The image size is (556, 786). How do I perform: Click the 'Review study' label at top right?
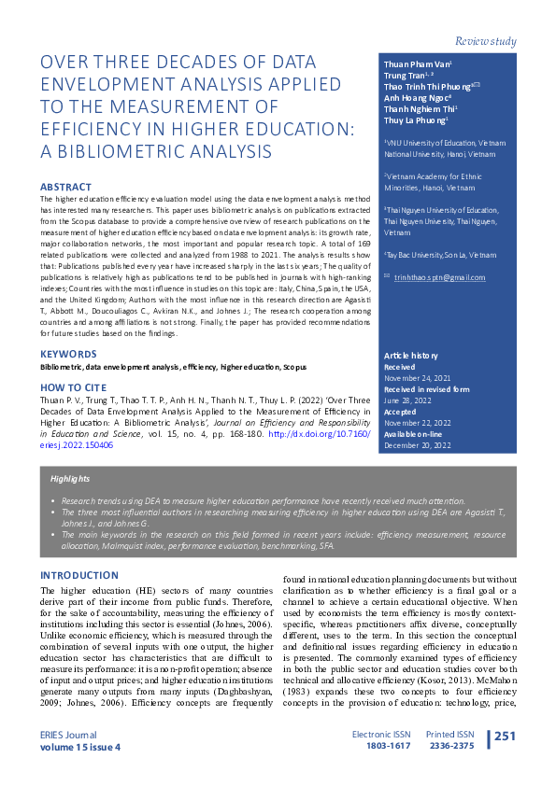tap(485, 42)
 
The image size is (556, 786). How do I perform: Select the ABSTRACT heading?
tap(65, 187)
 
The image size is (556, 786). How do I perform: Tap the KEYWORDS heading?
tap(68, 354)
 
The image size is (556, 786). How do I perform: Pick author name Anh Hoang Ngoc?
tap(417, 96)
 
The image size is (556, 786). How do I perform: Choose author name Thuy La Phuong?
tap(417, 119)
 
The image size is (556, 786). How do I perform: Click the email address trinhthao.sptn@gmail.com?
tap(439, 277)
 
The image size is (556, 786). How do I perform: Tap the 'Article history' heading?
tap(411, 356)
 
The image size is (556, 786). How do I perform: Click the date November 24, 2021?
tap(418, 379)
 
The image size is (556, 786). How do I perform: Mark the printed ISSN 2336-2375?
tap(451, 746)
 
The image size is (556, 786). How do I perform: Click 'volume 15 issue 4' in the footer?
tap(79, 746)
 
